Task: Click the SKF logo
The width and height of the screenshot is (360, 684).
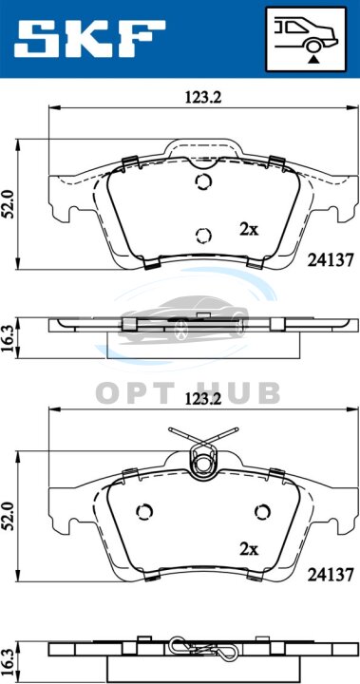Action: pyautogui.click(x=89, y=38)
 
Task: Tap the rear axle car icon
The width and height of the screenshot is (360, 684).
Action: pyautogui.click(x=306, y=39)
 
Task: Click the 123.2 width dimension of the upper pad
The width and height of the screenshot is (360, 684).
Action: pyautogui.click(x=203, y=97)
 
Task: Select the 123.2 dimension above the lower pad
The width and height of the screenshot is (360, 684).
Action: pyautogui.click(x=203, y=399)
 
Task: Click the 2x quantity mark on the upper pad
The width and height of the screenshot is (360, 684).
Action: pyautogui.click(x=249, y=230)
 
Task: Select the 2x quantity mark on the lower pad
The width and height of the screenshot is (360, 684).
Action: pyautogui.click(x=249, y=549)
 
